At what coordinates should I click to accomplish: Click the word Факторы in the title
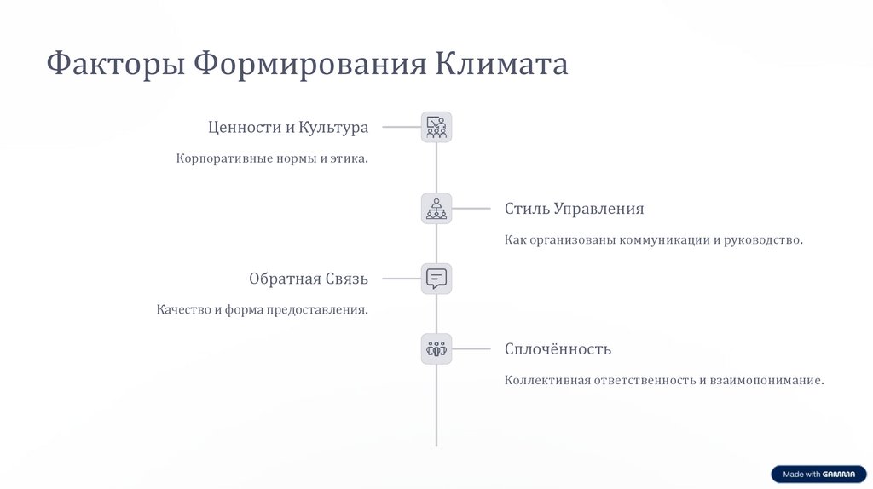coord(116,65)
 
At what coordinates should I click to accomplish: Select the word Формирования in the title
coord(311,65)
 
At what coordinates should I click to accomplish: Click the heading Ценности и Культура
coord(288,127)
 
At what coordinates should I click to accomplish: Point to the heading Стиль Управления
coord(574,209)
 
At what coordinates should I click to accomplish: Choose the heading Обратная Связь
coord(309,279)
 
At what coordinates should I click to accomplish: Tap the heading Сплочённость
coord(558,348)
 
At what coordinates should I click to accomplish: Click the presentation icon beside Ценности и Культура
coord(436,127)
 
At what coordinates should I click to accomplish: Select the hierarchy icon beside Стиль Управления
coord(436,209)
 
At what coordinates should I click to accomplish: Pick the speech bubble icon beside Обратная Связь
coord(436,279)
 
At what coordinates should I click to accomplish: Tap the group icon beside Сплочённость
coord(436,348)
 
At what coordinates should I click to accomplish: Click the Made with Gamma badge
coord(818,475)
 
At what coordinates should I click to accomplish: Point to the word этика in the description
coord(350,158)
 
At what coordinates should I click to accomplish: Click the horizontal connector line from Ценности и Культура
coord(401,127)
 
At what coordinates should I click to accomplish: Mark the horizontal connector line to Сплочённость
coord(471,348)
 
